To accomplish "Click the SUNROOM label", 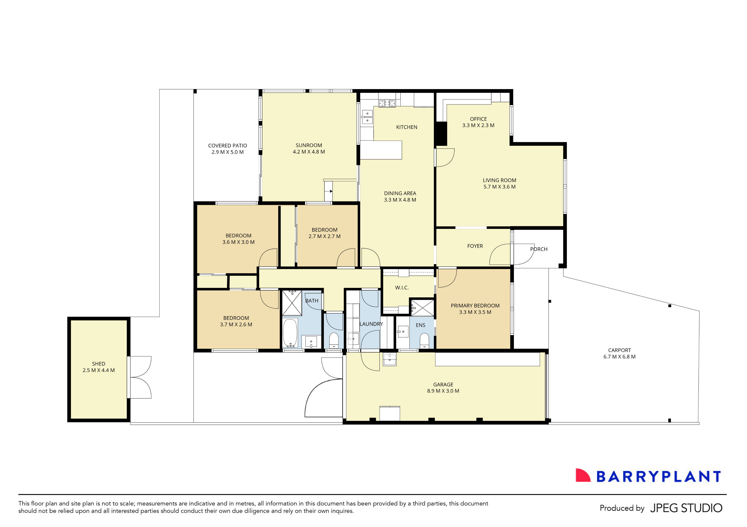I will [308, 145].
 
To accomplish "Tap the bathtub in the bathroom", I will [290, 333].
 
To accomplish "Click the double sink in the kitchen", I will [367, 117].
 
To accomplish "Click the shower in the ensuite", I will [422, 308].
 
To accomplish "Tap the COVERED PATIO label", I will [227, 146].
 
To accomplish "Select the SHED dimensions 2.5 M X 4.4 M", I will [99, 370].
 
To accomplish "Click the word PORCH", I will [539, 249].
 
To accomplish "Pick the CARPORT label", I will [619, 350].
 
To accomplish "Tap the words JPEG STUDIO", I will [686, 508].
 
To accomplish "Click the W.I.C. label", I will [402, 288].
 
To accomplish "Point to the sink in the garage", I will [390, 359].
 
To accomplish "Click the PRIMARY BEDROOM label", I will [475, 306].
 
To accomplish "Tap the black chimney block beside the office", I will [441, 133].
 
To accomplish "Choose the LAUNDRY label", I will [371, 324].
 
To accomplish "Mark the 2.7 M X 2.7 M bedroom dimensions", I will [324, 236].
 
